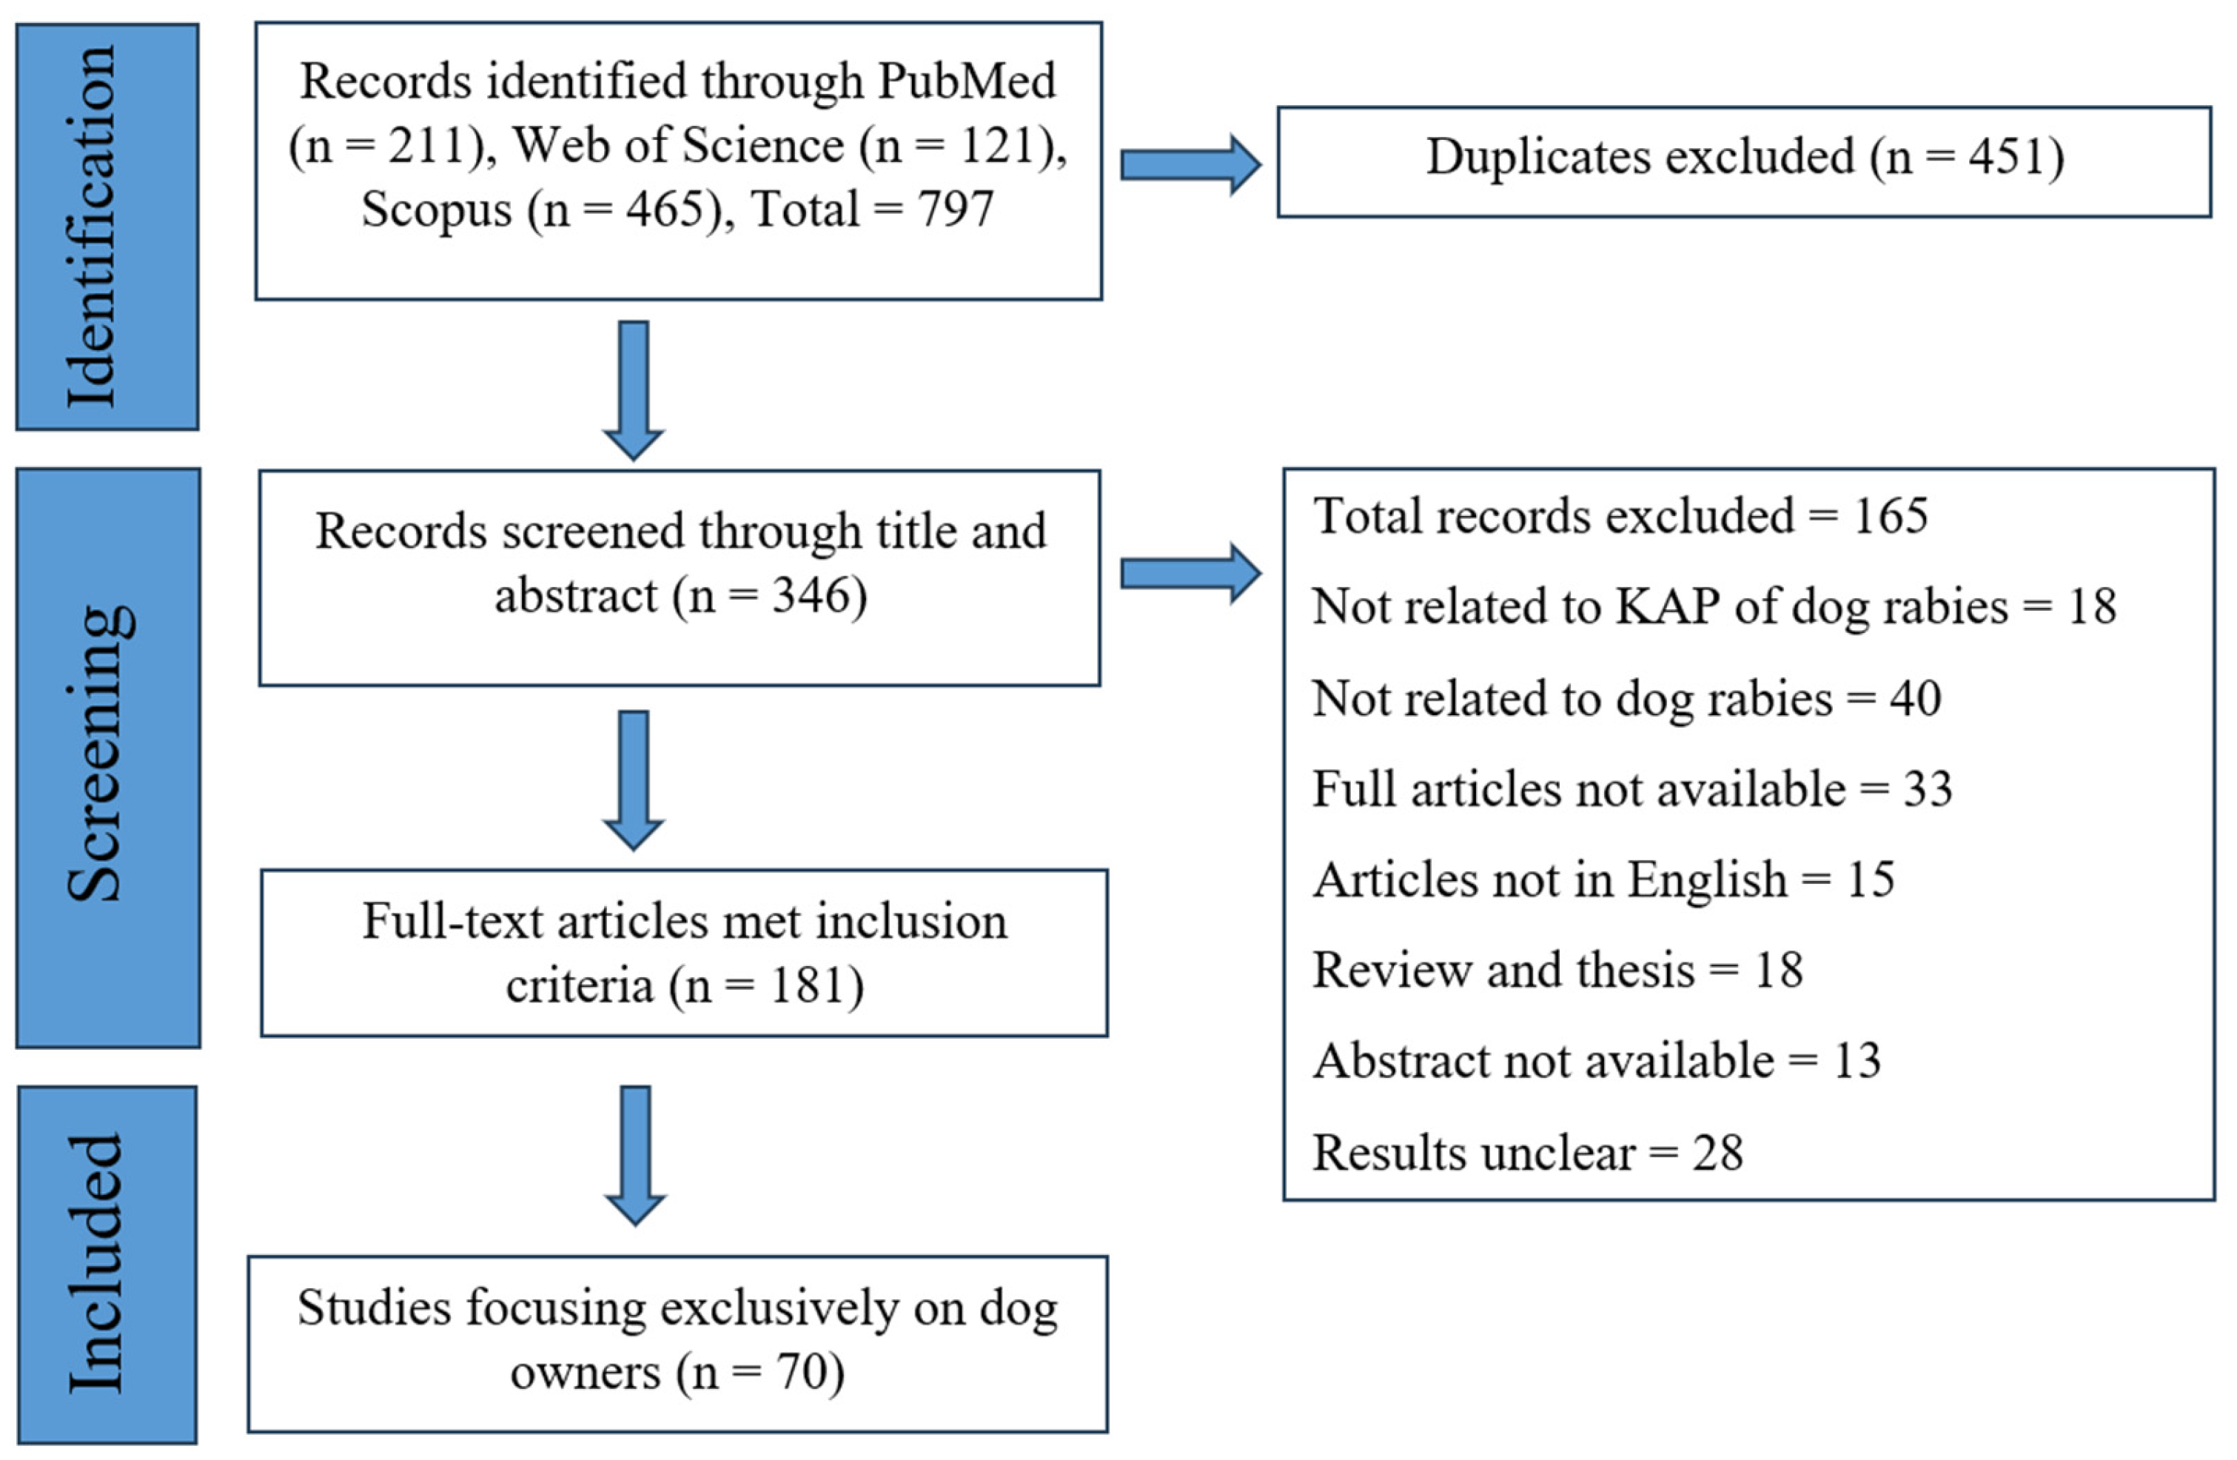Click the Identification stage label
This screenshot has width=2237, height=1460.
107,227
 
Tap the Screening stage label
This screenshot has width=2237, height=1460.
107,757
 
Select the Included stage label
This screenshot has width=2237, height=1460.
107,1264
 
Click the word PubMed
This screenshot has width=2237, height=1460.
966,81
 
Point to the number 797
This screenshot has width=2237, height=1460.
955,209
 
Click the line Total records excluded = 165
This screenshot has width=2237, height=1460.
1620,516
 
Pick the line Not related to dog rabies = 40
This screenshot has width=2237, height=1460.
1626,698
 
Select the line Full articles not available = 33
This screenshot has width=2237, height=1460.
1631,788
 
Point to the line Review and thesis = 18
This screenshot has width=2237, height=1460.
1557,970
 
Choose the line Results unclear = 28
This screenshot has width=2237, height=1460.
1527,1153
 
